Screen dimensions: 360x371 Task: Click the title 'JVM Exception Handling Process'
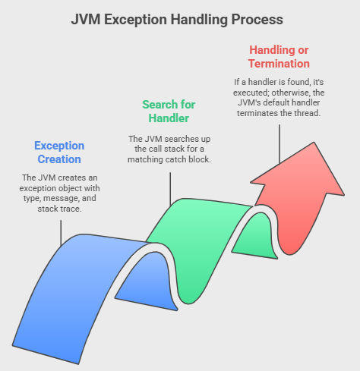(177, 20)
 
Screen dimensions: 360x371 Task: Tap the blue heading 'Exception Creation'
(59, 152)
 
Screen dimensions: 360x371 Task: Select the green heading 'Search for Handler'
(169, 112)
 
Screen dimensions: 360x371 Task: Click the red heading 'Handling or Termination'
(279, 57)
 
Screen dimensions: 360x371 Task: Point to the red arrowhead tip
(314, 143)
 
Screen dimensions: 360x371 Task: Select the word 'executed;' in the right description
(251, 93)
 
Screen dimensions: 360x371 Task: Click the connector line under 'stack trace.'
(61, 233)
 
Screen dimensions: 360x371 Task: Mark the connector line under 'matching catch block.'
(170, 189)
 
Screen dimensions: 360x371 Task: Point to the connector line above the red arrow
(279, 144)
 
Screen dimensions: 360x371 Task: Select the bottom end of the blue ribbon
(46, 354)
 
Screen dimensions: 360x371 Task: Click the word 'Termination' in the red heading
(279, 64)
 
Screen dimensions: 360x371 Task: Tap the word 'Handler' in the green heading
(169, 118)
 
